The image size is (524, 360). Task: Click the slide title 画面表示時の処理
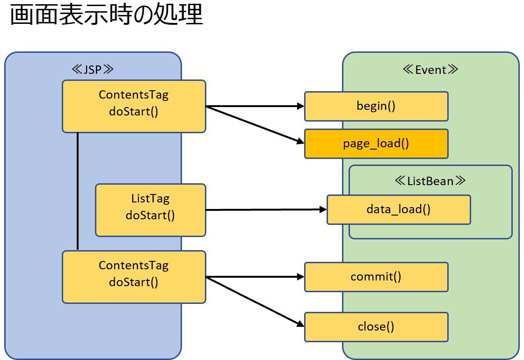coord(106,14)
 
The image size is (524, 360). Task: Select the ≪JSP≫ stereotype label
coord(93,70)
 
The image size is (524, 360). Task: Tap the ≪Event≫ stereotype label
coord(430,70)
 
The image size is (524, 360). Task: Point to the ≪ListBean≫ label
coord(430,180)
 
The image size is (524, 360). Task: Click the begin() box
coord(376,106)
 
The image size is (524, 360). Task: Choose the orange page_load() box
coord(376,144)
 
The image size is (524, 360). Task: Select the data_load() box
coord(399,210)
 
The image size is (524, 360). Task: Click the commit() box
coord(376,277)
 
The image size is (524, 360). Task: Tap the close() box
coord(376,327)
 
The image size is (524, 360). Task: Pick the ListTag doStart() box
coord(151,210)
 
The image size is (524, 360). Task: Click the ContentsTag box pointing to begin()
coord(134,106)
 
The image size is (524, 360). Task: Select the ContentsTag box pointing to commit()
coord(134,277)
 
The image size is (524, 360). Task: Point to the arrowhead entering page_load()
coord(300,142)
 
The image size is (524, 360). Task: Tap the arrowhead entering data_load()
coord(323,209)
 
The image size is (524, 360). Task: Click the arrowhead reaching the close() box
coord(300,324)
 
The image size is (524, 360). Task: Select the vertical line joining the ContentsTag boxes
coord(78,191)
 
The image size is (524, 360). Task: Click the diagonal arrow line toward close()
coord(255,302)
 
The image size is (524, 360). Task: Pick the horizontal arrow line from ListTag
coord(266,210)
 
